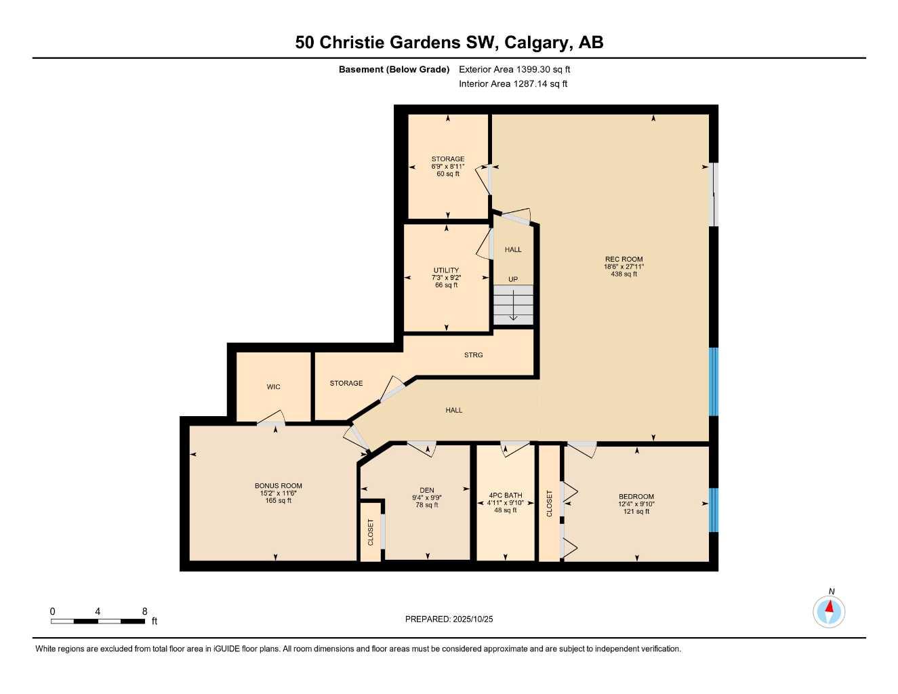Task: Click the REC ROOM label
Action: [x=624, y=259]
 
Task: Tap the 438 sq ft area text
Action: [x=624, y=274]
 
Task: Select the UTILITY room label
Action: [x=446, y=270]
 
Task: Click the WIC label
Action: [x=273, y=387]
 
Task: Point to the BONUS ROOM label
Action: [x=278, y=486]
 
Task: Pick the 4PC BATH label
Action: [x=505, y=495]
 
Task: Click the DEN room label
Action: [x=426, y=491]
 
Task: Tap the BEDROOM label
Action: [x=636, y=497]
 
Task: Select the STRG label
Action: [x=473, y=355]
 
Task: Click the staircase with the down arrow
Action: [x=513, y=305]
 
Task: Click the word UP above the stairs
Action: [x=513, y=279]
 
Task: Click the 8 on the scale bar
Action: [x=144, y=611]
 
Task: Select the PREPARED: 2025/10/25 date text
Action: [x=449, y=619]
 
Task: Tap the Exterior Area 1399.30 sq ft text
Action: [x=514, y=69]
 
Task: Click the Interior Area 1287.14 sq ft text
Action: [x=513, y=84]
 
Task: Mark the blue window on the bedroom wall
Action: [x=713, y=510]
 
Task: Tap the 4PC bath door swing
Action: [x=514, y=447]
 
